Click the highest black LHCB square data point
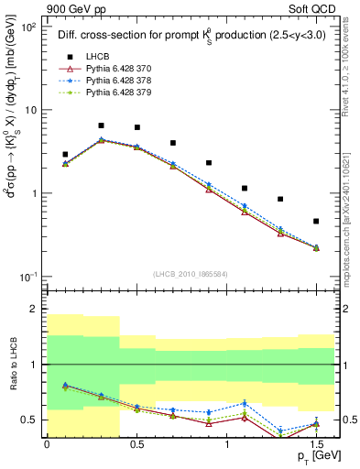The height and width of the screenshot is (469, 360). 101,125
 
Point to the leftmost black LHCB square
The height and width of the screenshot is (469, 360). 65,155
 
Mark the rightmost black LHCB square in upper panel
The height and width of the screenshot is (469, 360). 316,221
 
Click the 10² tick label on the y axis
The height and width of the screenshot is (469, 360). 27,27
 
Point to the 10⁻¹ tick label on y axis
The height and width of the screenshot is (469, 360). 27,277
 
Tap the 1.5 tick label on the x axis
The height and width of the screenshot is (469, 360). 316,443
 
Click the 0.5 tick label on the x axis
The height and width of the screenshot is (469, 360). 136,443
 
